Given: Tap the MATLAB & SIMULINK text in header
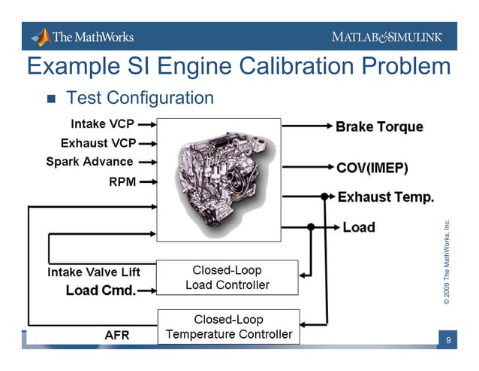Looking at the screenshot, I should click(x=387, y=37).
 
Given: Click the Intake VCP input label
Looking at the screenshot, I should click(x=103, y=123).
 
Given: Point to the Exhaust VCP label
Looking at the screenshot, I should click(x=98, y=142).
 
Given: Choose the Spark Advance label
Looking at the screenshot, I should click(x=89, y=161).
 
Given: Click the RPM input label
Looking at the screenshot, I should click(x=122, y=181).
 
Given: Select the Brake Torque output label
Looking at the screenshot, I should click(x=379, y=126).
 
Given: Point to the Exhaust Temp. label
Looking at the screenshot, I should click(x=386, y=197).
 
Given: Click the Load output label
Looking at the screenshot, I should click(x=358, y=227).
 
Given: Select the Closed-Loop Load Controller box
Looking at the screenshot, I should click(x=227, y=277).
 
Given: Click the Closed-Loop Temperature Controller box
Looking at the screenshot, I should click(x=228, y=327).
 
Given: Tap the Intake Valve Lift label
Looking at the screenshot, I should click(x=94, y=272).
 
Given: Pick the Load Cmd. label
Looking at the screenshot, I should click(x=101, y=290).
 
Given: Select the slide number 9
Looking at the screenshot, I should click(x=447, y=341).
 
